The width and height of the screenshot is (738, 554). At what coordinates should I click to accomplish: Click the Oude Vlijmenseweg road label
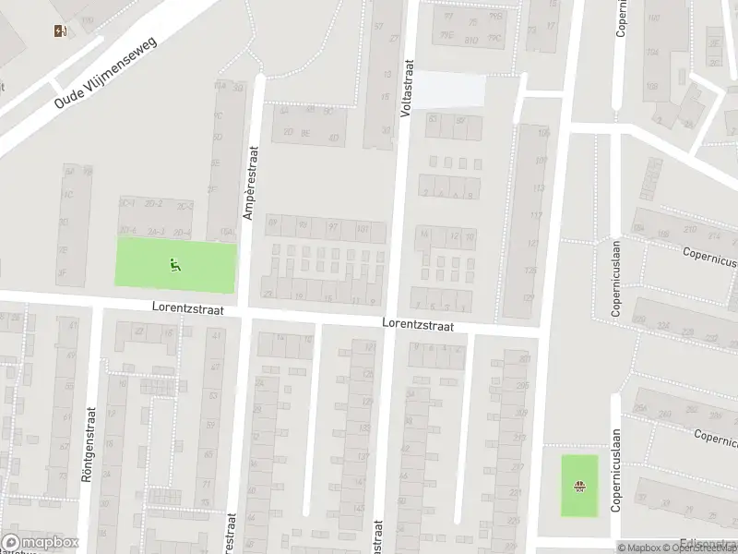coord(107,72)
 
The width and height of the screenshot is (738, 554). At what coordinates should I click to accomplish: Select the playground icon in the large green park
coord(174,265)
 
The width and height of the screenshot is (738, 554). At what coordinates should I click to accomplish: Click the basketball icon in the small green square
coord(579,487)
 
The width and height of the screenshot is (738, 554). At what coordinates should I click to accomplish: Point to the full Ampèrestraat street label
coord(249,182)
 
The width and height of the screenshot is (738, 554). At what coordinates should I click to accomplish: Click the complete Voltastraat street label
coord(405,88)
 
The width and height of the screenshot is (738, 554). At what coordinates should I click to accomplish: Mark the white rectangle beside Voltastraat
coord(448,90)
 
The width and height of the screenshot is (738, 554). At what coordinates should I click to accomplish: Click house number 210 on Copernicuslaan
coord(687,229)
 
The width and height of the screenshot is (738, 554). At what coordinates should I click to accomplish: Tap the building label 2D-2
coord(154,203)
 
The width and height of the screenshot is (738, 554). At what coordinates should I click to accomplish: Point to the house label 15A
coord(224,234)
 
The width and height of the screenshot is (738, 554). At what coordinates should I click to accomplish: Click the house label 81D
coord(470,40)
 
